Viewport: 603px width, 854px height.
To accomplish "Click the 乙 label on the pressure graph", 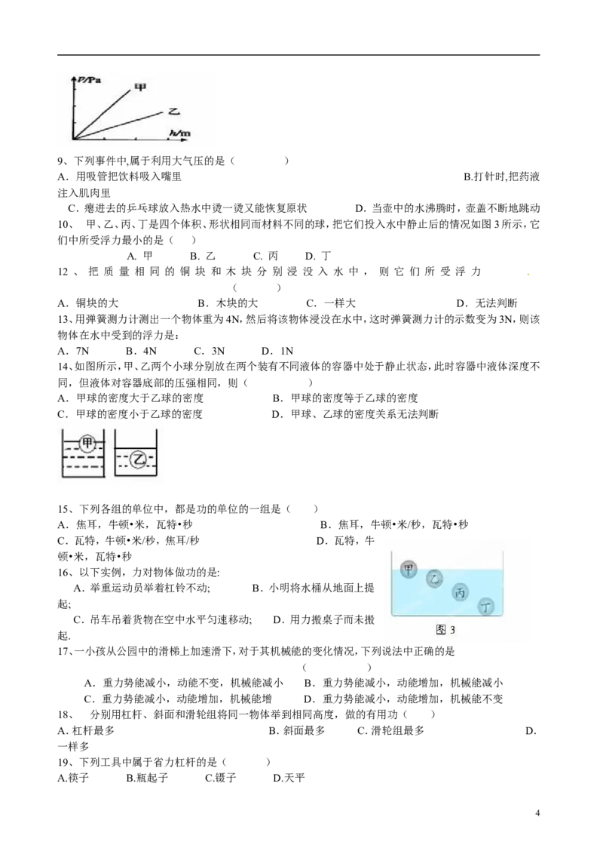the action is (x=173, y=111).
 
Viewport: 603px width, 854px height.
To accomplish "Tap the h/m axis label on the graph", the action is (x=179, y=133).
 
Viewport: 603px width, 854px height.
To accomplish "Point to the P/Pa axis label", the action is (x=87, y=81).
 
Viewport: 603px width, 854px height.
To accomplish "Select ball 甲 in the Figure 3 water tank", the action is (x=409, y=570).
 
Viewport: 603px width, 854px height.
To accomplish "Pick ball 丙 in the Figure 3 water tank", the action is (x=460, y=592).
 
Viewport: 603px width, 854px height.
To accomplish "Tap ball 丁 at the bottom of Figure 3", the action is (x=485, y=607).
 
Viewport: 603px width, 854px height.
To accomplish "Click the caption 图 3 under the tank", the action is (x=445, y=630).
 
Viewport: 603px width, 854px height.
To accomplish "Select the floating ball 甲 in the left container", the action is (x=87, y=443).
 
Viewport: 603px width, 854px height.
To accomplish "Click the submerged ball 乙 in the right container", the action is (x=138, y=460).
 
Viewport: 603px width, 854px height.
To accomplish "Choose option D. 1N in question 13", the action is (x=277, y=352).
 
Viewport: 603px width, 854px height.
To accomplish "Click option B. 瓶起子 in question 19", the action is (x=147, y=778).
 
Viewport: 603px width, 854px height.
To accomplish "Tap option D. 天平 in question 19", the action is (x=289, y=778).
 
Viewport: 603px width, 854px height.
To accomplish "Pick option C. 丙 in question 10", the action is (x=265, y=256).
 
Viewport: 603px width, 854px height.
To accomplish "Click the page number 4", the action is (x=537, y=813).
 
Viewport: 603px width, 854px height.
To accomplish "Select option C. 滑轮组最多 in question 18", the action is (x=390, y=730).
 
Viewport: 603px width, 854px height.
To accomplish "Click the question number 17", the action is (x=64, y=651).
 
